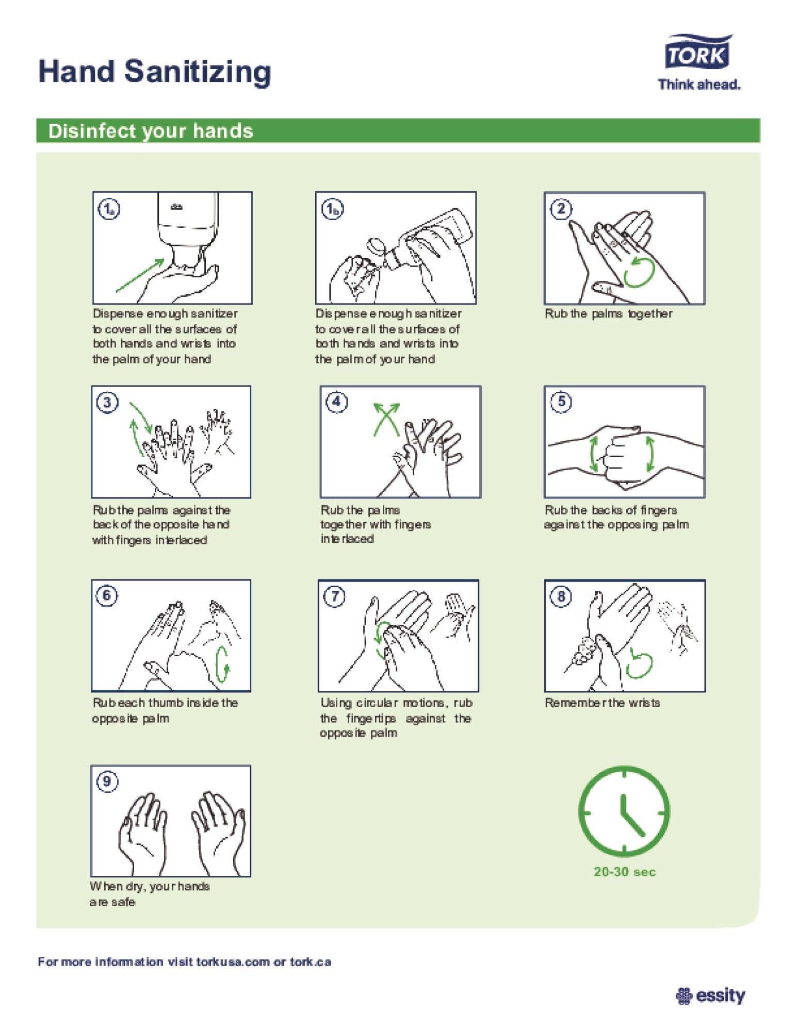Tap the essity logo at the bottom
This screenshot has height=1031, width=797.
(x=710, y=995)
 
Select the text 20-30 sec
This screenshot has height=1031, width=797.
(x=624, y=872)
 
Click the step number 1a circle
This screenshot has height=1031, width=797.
(x=109, y=209)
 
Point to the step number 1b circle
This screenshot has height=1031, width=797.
(x=333, y=209)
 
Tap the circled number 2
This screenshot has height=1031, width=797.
(x=561, y=209)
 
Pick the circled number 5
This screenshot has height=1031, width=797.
(x=561, y=402)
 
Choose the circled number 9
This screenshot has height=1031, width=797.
(x=107, y=781)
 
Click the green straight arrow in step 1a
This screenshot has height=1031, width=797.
(x=140, y=275)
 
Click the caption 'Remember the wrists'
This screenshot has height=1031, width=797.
(x=603, y=703)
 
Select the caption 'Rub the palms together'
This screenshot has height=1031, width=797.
(x=609, y=313)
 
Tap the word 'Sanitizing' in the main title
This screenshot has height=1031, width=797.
(x=198, y=72)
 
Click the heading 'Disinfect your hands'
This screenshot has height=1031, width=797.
(x=151, y=131)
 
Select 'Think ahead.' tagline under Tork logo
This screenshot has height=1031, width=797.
(x=699, y=85)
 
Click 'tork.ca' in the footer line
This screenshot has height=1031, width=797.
(x=310, y=962)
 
